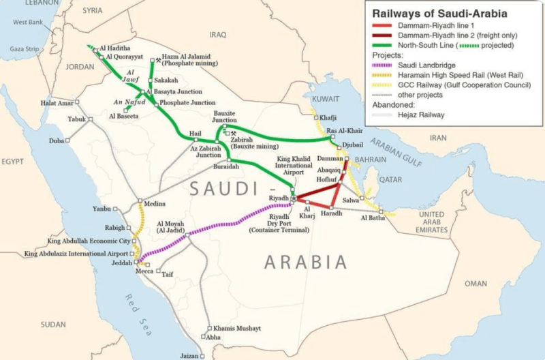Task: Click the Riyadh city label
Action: click(279, 197)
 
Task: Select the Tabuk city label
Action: click(76, 119)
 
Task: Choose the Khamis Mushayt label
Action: click(236, 328)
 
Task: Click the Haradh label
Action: click(330, 214)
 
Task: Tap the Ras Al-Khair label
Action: click(342, 131)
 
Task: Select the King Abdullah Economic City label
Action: click(89, 241)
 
